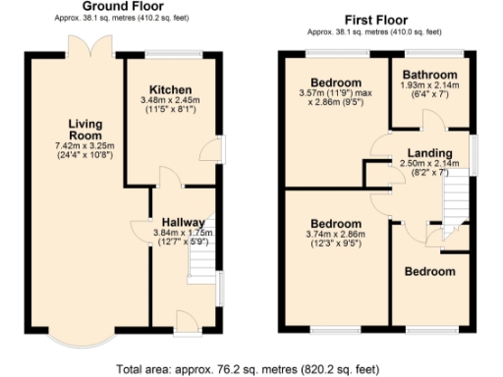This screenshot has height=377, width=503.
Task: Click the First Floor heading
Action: [376, 19]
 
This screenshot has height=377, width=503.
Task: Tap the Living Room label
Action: [86, 130]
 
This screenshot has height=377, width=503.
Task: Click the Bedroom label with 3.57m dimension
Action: [335, 81]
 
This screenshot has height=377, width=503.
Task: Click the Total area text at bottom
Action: [247, 369]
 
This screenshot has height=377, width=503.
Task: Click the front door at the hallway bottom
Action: [186, 320]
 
